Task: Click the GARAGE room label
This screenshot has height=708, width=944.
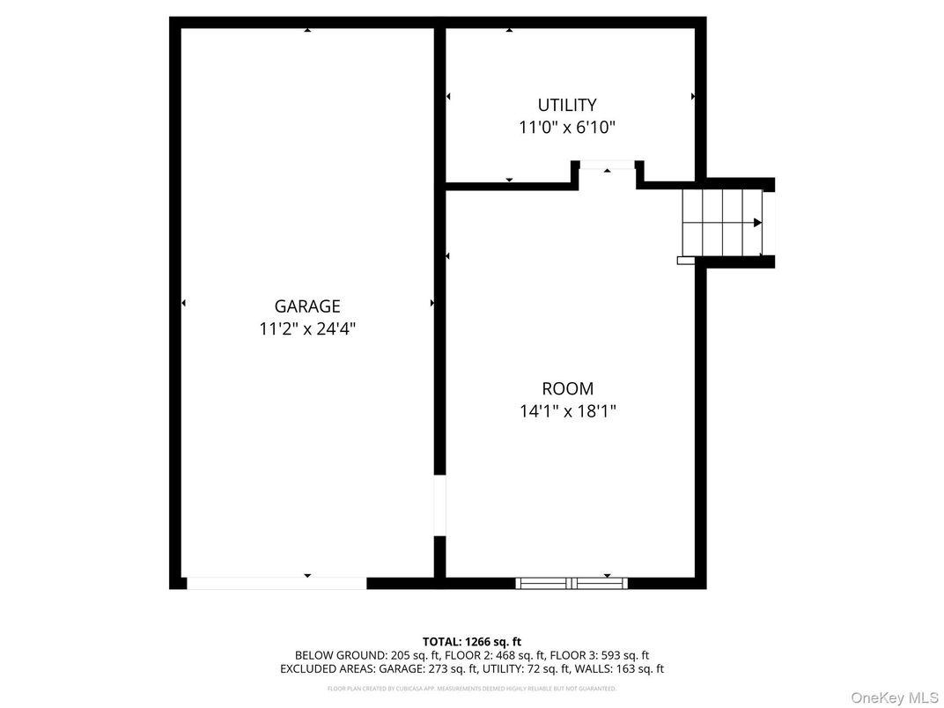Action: coord(306,306)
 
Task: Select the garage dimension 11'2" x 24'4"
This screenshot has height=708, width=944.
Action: coord(306,329)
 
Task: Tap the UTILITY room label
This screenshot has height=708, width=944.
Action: coord(567,105)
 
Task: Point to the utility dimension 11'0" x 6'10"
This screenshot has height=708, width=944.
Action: coord(567,128)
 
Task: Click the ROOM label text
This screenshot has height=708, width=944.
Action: coord(567,388)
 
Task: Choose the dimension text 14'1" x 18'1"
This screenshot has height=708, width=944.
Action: coord(567,411)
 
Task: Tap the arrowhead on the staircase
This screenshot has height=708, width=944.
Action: coord(757,223)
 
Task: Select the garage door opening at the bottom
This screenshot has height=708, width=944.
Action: coord(277,583)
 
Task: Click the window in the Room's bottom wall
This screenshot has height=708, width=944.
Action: coord(572,583)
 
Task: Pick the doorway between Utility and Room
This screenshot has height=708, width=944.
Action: coord(608,166)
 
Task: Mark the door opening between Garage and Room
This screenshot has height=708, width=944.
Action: coord(439,505)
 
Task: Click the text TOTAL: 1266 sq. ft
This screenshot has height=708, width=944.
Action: coord(472,642)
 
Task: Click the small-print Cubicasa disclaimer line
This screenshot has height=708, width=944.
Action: coord(472,689)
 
